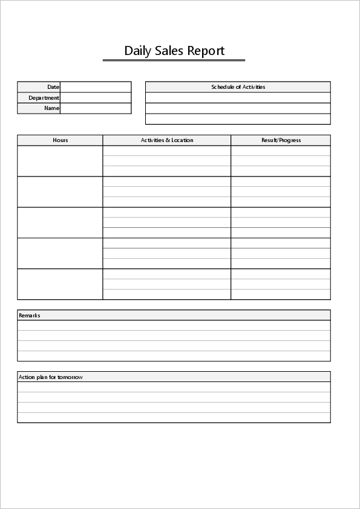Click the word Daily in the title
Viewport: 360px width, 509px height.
pos(137,51)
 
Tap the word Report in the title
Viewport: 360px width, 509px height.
pos(206,51)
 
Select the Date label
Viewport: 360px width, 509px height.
pos(53,87)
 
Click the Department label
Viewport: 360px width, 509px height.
pos(44,98)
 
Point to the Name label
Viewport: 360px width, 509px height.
pos(51,109)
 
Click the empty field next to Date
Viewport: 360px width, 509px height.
pos(96,87)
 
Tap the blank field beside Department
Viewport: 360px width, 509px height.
pos(96,98)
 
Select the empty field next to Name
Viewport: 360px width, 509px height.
pos(96,109)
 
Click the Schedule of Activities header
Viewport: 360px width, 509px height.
pos(238,87)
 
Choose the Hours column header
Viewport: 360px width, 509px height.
pos(61,140)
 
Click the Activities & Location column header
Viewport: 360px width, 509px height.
pos(167,140)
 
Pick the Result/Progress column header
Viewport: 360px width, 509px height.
pos(281,140)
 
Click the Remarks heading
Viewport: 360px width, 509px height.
pos(30,316)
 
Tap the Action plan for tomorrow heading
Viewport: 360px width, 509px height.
pos(51,377)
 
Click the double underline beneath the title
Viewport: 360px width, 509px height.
pos(174,60)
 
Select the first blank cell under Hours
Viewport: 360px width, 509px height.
pos(60,161)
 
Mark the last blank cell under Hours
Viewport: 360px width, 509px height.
pos(60,284)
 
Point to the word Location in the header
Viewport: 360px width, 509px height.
pos(182,140)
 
